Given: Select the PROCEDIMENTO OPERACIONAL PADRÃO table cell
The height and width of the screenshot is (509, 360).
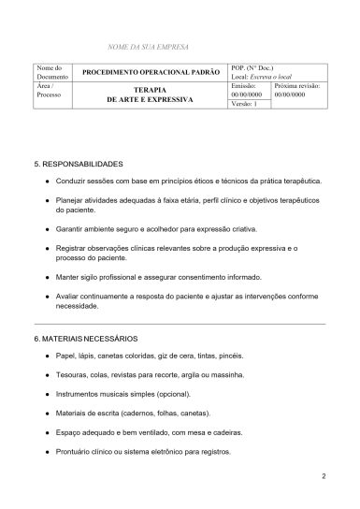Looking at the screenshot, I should pyautogui.click(x=151, y=72).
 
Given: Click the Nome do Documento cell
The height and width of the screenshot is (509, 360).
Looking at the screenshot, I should pyautogui.click(x=49, y=72).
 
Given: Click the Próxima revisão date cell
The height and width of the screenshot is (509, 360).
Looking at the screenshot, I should pyautogui.click(x=296, y=90).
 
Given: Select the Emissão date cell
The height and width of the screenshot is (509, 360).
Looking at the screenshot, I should pyautogui.click(x=248, y=90).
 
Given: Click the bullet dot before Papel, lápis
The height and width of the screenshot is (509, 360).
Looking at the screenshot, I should pyautogui.click(x=47, y=356).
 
